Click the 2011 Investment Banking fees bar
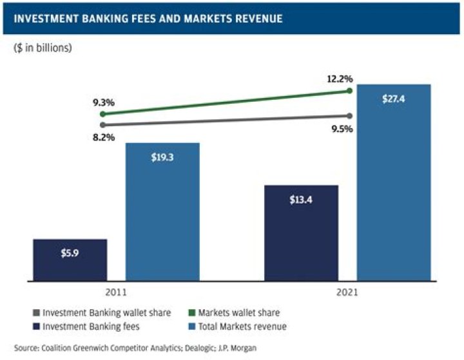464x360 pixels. (x=70, y=260)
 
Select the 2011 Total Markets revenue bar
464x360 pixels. (x=162, y=213)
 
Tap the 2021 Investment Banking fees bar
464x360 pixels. (x=302, y=233)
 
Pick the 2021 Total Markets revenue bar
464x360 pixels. (x=394, y=183)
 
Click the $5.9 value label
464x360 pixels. (x=70, y=254)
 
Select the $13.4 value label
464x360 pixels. (x=302, y=199)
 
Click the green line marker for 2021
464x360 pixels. (x=349, y=91)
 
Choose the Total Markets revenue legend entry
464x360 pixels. (x=240, y=327)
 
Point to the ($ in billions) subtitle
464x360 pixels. (x=43, y=47)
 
